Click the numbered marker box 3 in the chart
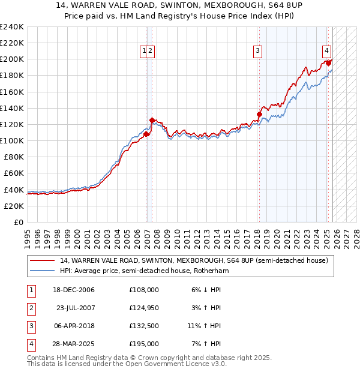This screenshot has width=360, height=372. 257,52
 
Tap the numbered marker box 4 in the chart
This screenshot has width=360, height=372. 326,52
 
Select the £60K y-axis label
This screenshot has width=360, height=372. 13,173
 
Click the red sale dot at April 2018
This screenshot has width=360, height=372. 260,114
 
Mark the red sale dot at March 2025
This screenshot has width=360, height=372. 329,63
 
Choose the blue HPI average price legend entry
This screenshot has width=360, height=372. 144,271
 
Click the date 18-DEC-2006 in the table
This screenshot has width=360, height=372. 74,290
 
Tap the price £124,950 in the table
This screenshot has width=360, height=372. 144,308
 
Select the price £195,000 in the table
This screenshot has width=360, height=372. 144,344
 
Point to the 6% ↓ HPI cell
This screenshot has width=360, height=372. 206,290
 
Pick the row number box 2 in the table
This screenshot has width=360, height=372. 30,308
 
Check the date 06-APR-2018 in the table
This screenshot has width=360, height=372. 74,326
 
